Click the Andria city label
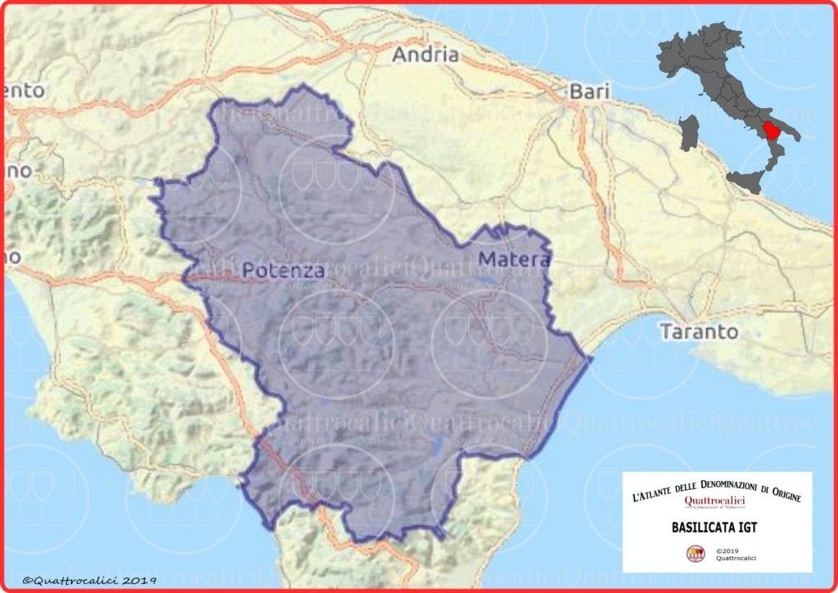pos(425,56)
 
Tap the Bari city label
pos(590,92)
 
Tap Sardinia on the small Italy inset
pos(690,133)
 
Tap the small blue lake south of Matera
pos(489,281)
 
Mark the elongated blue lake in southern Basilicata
pos(437,446)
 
